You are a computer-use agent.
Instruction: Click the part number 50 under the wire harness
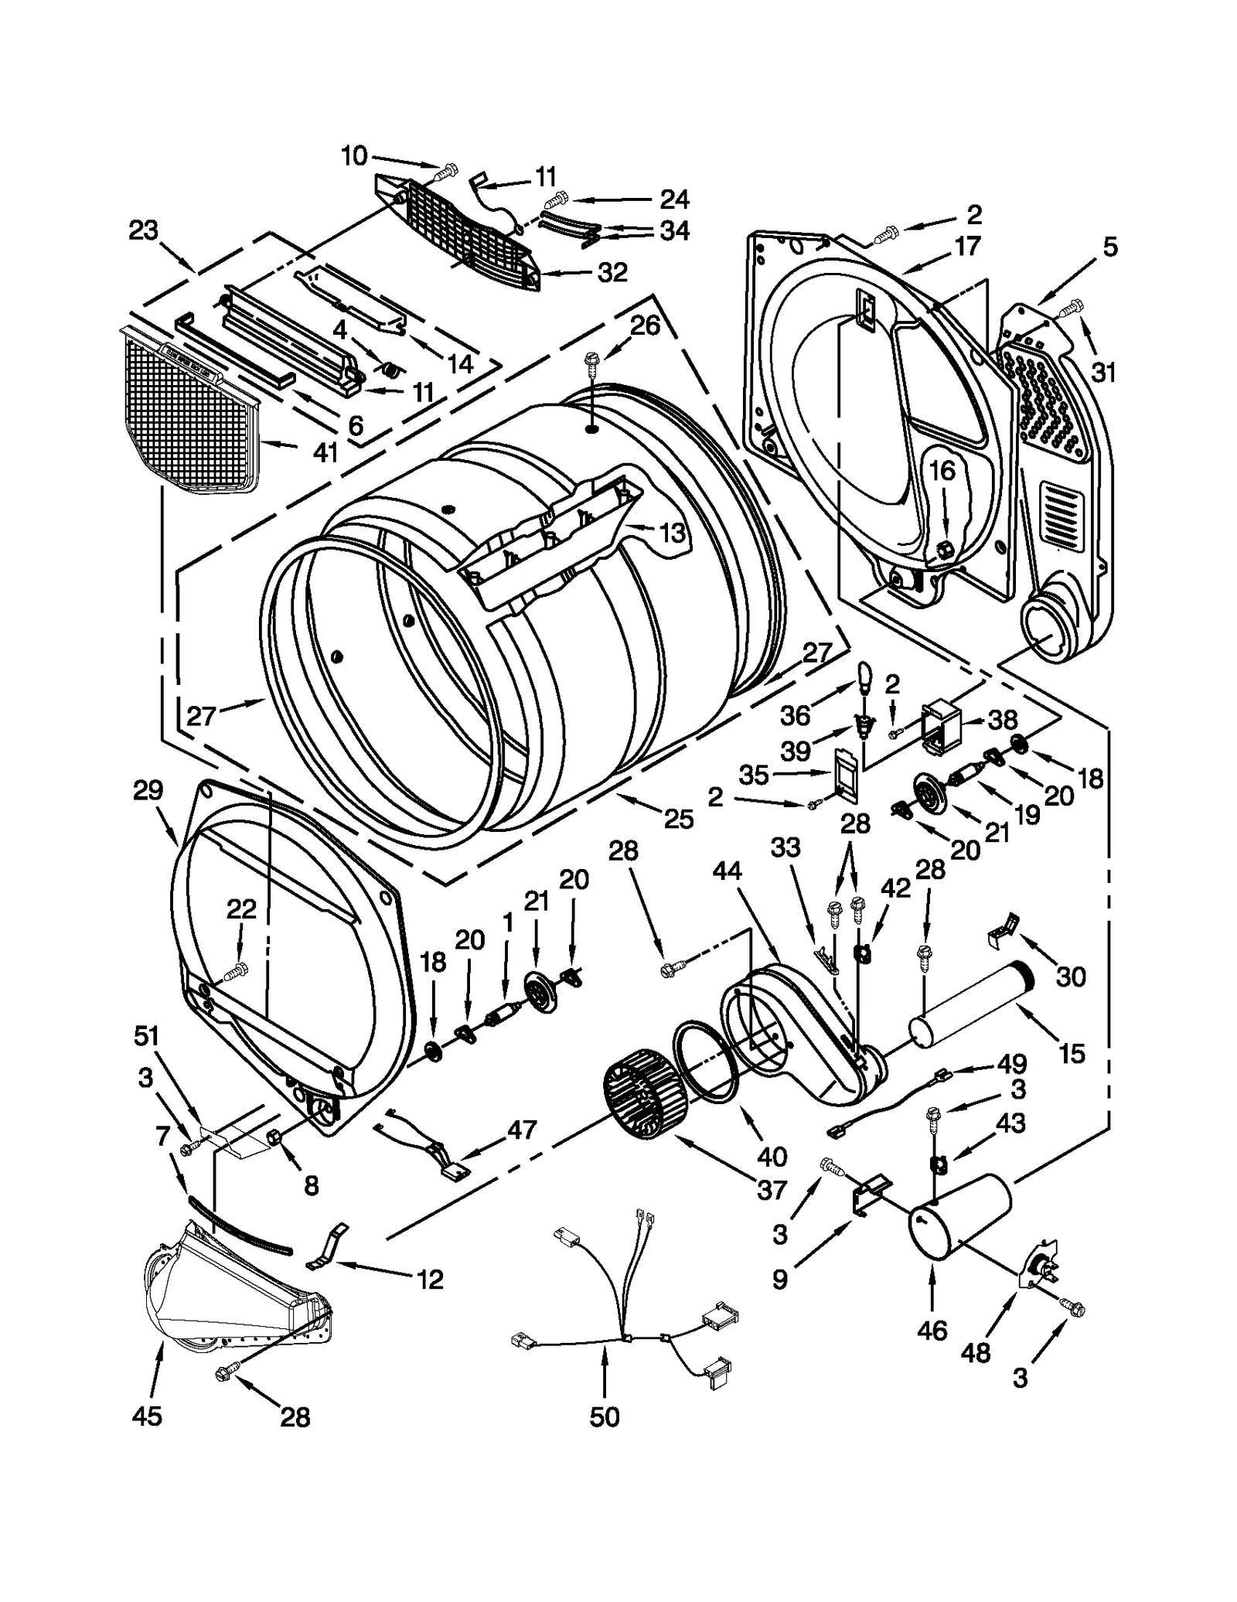coord(604,1416)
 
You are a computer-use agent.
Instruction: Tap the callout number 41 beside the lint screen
coord(325,452)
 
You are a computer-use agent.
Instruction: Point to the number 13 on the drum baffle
coord(672,532)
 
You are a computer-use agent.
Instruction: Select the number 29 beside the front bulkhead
coord(148,790)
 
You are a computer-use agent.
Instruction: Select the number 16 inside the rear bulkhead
coord(942,470)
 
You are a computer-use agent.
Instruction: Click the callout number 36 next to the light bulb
coord(795,715)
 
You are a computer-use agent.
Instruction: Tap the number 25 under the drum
coord(678,819)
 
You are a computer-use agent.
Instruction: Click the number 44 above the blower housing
coord(727,871)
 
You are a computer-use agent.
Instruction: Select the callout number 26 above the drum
coord(645,326)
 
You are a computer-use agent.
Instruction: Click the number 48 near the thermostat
coord(976,1352)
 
